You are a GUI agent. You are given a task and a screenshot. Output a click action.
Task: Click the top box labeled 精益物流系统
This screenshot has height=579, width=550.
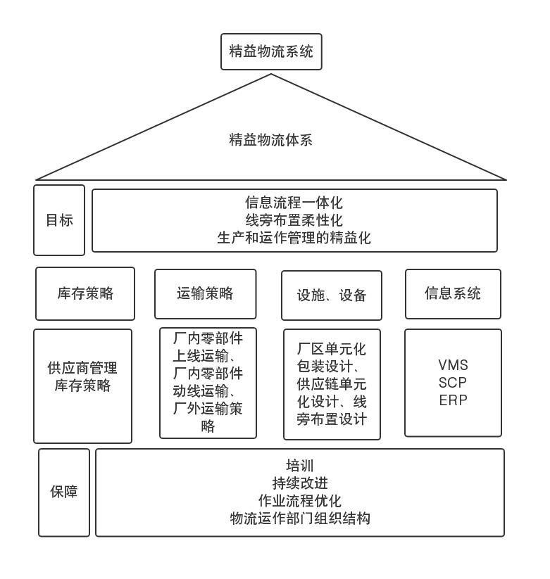271,52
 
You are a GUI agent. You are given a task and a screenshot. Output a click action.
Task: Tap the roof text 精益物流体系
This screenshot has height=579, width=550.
271,139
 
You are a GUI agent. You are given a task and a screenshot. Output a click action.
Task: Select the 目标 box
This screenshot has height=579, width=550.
59,220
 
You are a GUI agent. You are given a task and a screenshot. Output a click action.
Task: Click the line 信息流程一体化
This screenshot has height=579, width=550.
294,203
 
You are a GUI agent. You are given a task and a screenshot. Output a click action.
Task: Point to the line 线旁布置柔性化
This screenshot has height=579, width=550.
294,220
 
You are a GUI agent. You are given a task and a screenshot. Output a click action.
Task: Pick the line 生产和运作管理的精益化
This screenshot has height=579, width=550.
294,238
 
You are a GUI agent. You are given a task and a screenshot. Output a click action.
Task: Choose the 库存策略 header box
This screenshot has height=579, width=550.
85,293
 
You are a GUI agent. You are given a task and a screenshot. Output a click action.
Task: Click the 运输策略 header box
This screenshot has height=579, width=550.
206,293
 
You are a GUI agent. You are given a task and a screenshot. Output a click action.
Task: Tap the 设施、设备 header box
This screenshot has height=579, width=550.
332,295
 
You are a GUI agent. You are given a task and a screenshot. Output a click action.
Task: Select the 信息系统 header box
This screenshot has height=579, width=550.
453,293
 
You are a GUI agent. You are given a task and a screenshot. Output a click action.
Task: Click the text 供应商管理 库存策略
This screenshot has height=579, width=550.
82,376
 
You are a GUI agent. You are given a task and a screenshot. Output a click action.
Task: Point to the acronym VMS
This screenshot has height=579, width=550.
453,366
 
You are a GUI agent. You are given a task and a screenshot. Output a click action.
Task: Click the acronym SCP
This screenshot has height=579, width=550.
453,383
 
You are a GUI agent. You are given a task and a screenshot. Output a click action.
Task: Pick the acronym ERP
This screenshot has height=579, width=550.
453,401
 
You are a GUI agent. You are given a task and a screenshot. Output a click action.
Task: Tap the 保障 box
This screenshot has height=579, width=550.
64,492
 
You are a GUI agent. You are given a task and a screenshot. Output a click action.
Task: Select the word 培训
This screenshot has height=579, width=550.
300,466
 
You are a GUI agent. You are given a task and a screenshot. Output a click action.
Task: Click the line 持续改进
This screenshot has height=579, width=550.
300,483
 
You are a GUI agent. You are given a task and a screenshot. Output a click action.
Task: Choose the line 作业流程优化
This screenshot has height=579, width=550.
300,501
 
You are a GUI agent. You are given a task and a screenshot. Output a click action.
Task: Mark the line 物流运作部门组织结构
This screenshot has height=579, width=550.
300,518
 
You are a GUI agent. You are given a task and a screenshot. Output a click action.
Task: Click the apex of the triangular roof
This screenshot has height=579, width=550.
271,76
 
